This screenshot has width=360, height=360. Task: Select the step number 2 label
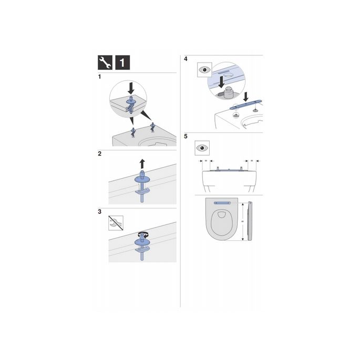pyautogui.click(x=99, y=154)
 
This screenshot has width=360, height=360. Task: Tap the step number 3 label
pyautogui.click(x=99, y=212)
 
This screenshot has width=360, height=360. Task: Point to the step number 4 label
pyautogui.click(x=186, y=59)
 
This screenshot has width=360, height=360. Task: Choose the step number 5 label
pyautogui.click(x=186, y=136)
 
